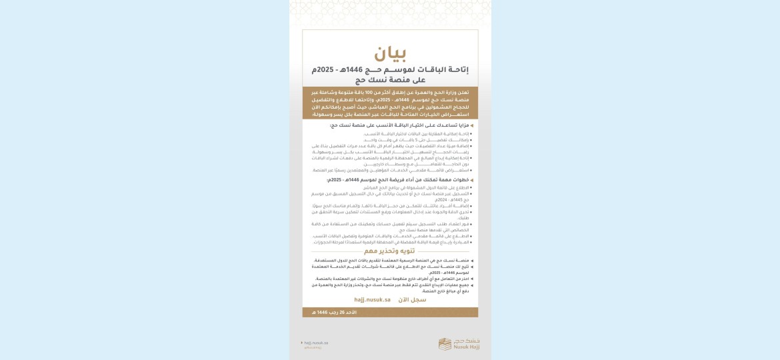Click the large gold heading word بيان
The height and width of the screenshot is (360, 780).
pyautogui.click(x=390, y=54)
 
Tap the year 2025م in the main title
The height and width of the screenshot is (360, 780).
pyautogui.click(x=323, y=70)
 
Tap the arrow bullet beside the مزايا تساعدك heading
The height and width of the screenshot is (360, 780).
pyautogui.click(x=472, y=125)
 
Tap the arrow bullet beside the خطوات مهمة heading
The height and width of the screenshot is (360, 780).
pyautogui.click(x=472, y=180)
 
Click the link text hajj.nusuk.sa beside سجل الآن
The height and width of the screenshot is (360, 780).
pyautogui.click(x=373, y=300)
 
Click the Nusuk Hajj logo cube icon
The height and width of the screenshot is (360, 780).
pyautogui.click(x=445, y=344)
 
